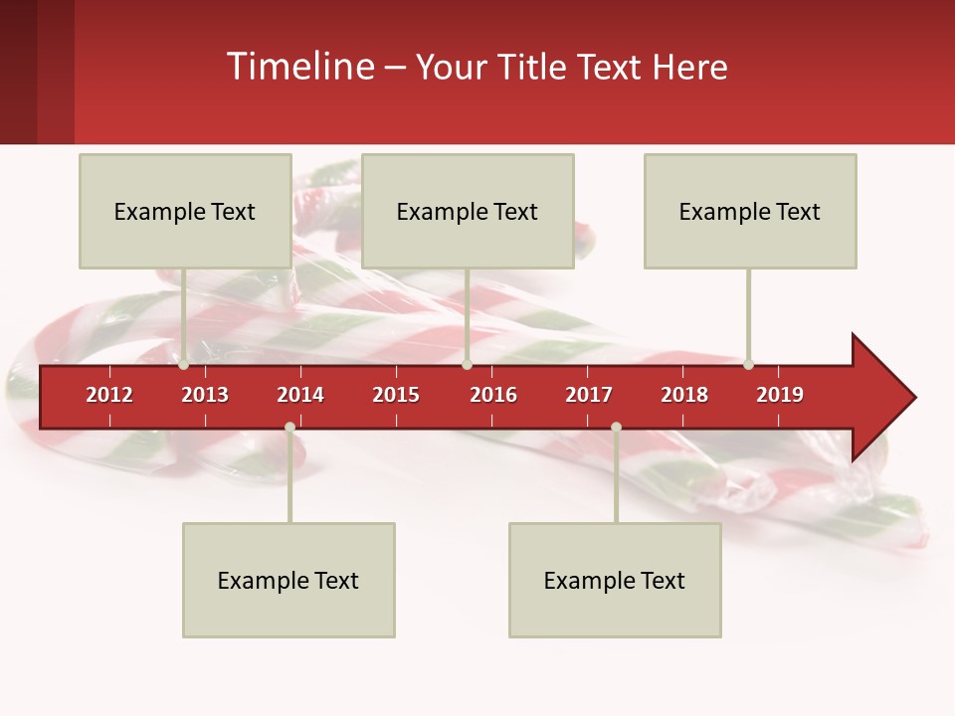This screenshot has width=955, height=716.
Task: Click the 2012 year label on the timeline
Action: coord(109,395)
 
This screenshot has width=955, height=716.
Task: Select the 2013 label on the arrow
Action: coord(205,395)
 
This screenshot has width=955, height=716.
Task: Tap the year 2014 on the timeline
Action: coord(300,395)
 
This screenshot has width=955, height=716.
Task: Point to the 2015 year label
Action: coord(396,395)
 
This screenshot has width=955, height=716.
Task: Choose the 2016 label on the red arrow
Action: coord(493,395)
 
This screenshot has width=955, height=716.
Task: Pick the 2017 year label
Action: coord(589,395)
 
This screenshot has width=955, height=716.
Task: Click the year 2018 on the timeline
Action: coord(684,395)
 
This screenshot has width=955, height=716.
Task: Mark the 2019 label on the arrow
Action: coord(780,395)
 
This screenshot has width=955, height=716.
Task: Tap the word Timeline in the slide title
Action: coord(298,67)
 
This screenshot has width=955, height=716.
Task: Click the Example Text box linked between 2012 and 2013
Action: coord(185,211)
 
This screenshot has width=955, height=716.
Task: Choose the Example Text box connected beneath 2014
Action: coord(288,580)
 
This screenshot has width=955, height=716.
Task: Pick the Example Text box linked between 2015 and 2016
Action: coord(468,211)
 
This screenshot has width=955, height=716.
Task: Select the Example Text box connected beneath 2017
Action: coord(615,580)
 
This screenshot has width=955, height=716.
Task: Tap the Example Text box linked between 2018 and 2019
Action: coord(750,211)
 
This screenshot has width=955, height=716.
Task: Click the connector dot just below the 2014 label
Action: coord(289,428)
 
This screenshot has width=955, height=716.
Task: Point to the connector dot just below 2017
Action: coord(616,428)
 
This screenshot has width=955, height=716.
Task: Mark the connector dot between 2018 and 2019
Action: coord(748,365)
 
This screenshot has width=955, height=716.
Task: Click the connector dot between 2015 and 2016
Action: coord(467,365)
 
